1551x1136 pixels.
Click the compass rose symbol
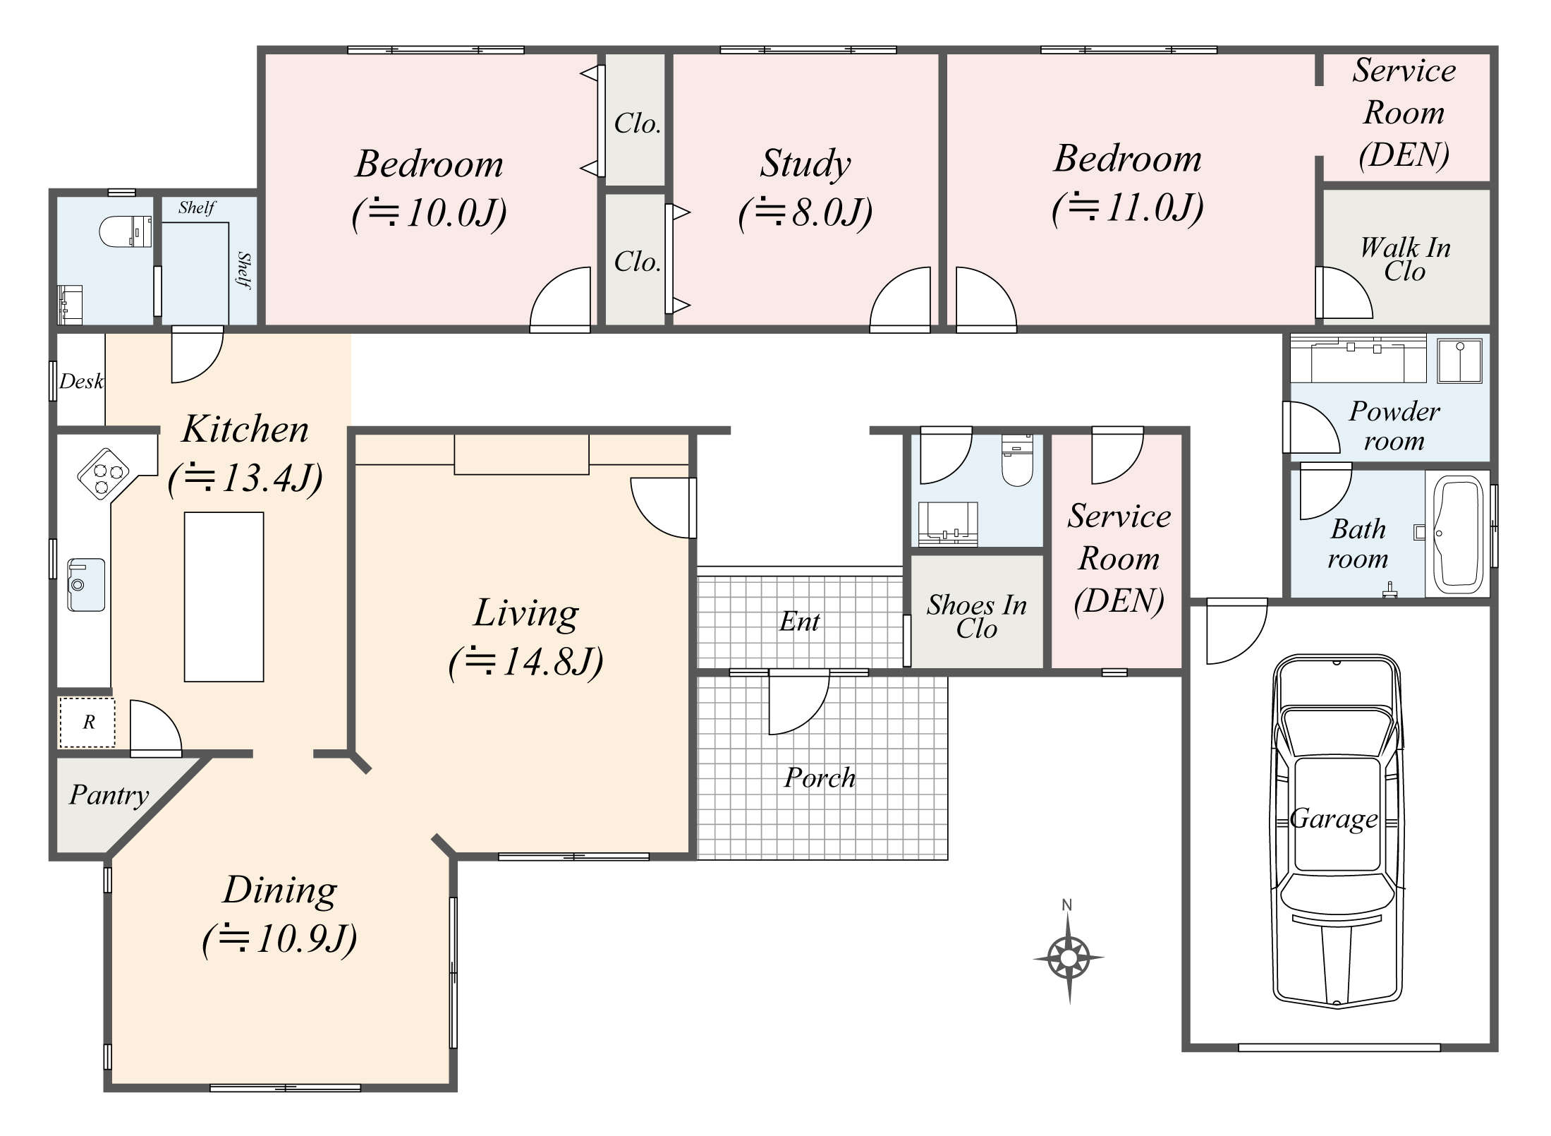(x=1069, y=957)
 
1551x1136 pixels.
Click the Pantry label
(x=109, y=795)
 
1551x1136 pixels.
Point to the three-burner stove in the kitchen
(x=103, y=473)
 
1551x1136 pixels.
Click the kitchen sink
(x=85, y=584)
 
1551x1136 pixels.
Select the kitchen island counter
(x=224, y=596)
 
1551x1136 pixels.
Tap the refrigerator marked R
(x=87, y=722)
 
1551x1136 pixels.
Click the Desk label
(x=80, y=382)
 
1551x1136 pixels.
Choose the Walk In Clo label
(x=1404, y=259)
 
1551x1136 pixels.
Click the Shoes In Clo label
(x=976, y=616)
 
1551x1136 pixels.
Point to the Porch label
(x=820, y=778)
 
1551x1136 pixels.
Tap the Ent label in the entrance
(x=799, y=622)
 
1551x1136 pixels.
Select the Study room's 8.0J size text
(x=805, y=212)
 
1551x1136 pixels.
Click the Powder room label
(x=1394, y=425)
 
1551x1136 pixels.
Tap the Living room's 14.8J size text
(x=526, y=662)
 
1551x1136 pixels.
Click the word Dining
(x=280, y=890)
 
